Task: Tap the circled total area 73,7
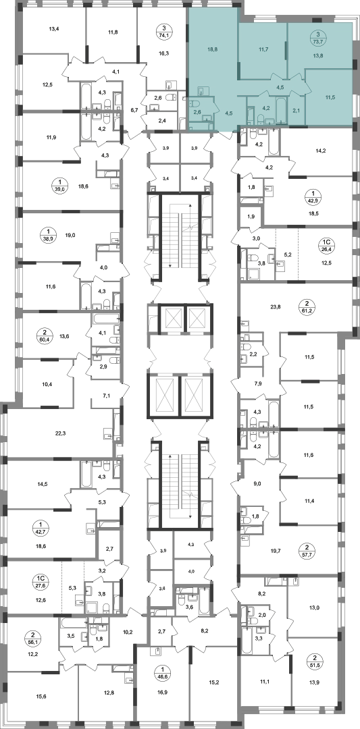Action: tap(317, 38)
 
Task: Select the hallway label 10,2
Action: tap(128, 632)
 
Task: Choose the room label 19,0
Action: tap(70, 236)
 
